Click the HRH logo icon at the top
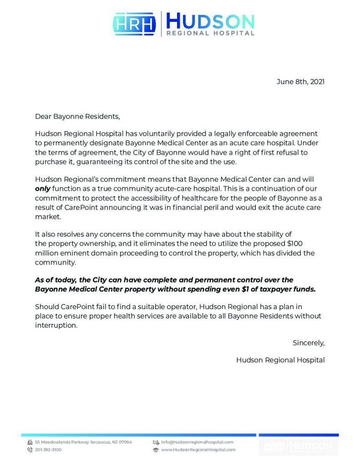point(134,24)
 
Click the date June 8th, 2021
point(300,82)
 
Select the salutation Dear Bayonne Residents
point(77,116)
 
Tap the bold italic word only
point(42,188)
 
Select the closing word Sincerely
point(308,343)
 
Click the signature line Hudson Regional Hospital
point(280,360)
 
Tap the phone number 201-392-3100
point(48,450)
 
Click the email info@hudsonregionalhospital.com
point(197,442)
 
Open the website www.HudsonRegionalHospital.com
point(198,450)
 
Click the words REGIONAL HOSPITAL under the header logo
point(210,33)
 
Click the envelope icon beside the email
point(156,442)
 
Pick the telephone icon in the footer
point(30,450)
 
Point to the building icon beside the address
point(30,442)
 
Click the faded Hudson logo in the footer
point(299,446)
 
